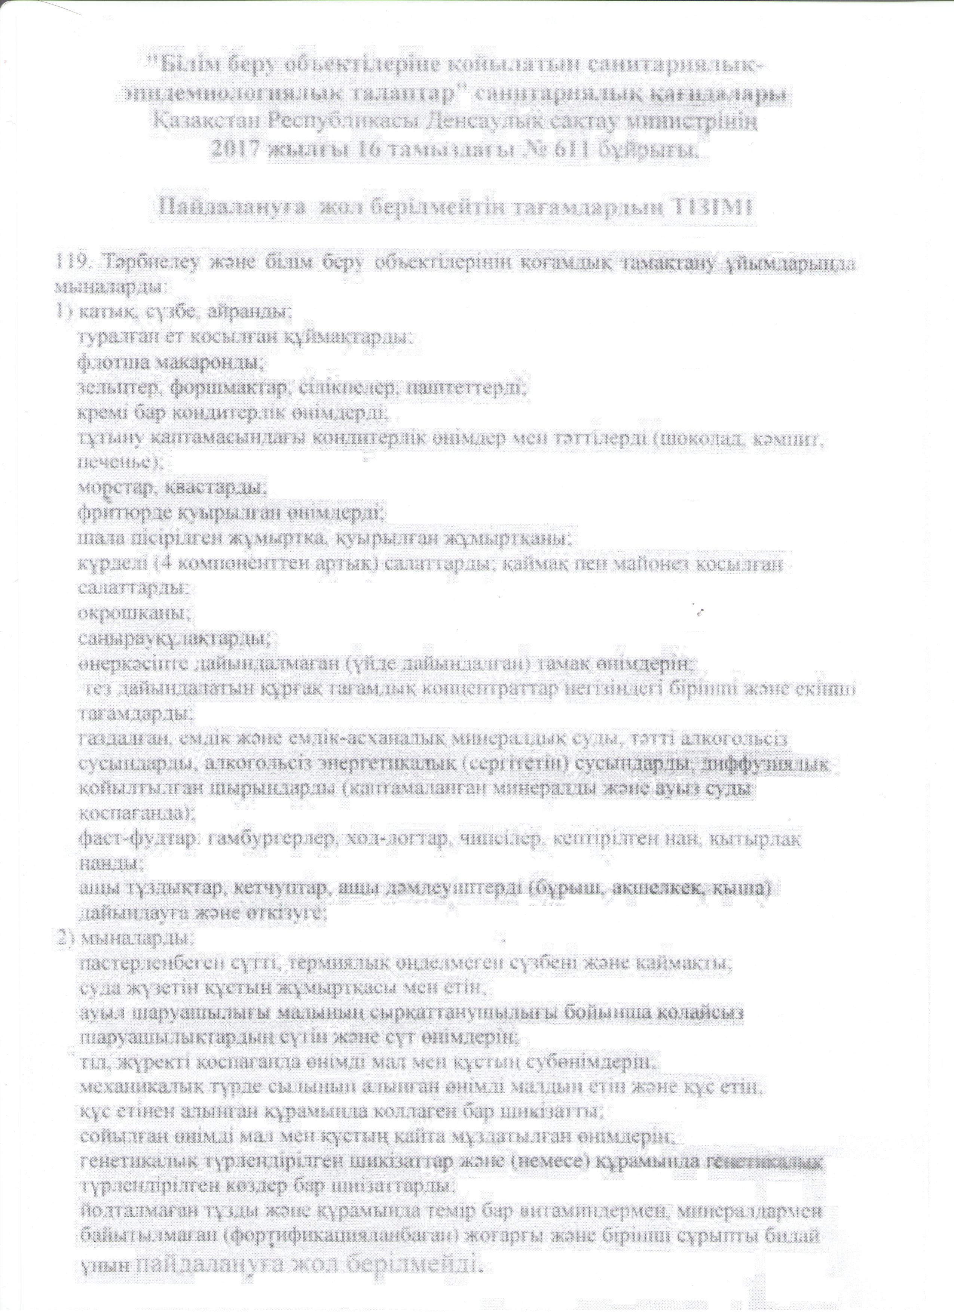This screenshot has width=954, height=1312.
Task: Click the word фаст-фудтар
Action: (135, 838)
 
